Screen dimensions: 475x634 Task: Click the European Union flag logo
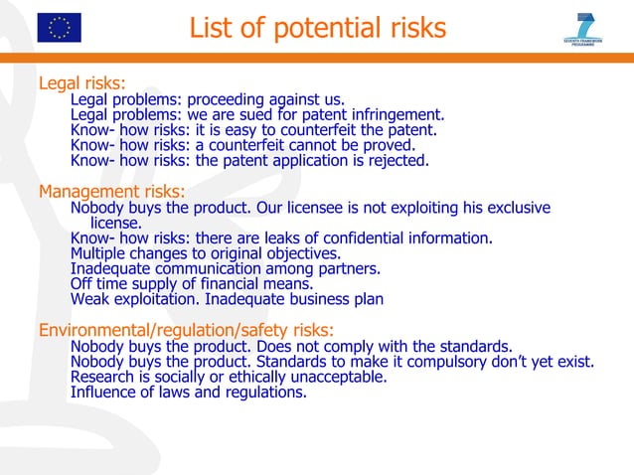click(59, 27)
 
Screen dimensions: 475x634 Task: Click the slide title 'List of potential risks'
click(317, 29)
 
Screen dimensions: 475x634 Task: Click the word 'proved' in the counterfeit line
click(391, 144)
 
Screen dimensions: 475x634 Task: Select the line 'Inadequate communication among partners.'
click(226, 267)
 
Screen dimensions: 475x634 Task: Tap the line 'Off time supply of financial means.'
click(192, 283)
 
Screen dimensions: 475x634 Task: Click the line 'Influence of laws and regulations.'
click(189, 392)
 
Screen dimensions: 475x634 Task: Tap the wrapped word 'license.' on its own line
click(116, 223)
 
